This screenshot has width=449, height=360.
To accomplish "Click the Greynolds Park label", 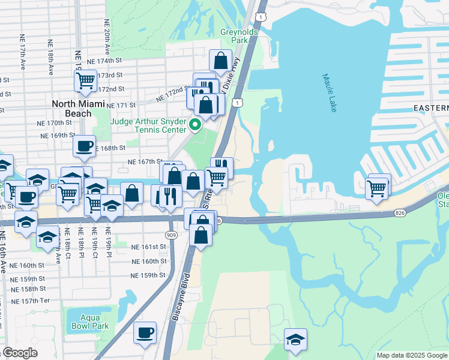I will click(x=239, y=35).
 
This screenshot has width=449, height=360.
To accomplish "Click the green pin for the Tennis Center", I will click(x=194, y=125).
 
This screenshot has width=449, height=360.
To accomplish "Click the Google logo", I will click(x=19, y=353).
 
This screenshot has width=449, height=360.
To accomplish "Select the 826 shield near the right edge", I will click(x=401, y=213).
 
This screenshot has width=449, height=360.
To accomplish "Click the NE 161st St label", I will click(x=148, y=247).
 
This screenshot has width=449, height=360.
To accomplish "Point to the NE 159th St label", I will click(x=148, y=275).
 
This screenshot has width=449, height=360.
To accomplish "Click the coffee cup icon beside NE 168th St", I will click(x=85, y=146).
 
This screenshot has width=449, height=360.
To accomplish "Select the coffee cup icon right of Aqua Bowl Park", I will click(x=145, y=332).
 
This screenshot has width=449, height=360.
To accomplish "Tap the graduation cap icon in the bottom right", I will click(x=295, y=339).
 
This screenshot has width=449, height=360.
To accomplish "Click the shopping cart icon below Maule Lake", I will click(x=377, y=188).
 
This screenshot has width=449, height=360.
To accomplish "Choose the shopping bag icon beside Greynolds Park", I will click(x=221, y=60).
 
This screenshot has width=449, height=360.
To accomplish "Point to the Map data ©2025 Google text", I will click(x=412, y=355).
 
